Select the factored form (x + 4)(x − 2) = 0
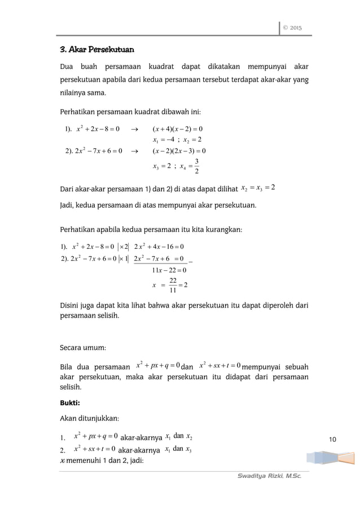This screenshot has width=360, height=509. (x=179, y=128)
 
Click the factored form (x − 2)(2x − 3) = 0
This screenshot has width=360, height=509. (x=179, y=150)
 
